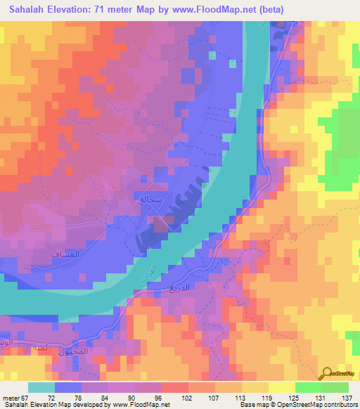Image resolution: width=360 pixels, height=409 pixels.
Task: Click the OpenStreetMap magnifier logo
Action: pos(328,373)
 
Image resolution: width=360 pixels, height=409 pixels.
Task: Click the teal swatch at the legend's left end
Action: pos(41,387)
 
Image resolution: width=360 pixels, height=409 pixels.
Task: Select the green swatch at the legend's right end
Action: pos(335,387)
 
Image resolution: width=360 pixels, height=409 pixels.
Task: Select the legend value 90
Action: pos(135,398)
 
